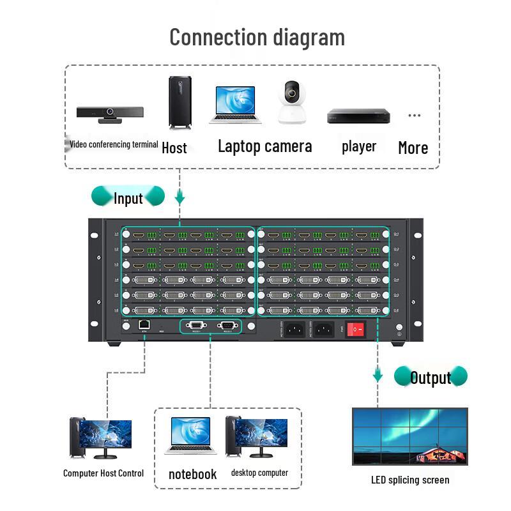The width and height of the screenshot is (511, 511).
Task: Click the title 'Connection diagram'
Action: tap(257, 37)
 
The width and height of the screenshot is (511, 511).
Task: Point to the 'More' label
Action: tap(413, 148)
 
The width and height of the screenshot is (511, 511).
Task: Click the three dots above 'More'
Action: tap(415, 116)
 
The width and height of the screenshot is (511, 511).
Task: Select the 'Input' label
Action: tap(128, 198)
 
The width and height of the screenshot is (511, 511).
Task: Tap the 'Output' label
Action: tap(430, 378)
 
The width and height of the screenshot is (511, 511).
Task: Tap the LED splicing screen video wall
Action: tap(409, 436)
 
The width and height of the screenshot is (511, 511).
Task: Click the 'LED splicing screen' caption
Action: tap(409, 480)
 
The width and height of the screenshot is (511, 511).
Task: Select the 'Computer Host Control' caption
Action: tap(103, 473)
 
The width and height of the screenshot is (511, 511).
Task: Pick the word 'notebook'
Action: tap(192, 474)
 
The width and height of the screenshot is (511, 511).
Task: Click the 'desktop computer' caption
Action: tap(259, 473)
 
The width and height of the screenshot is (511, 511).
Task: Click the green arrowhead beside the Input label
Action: tap(180, 200)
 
